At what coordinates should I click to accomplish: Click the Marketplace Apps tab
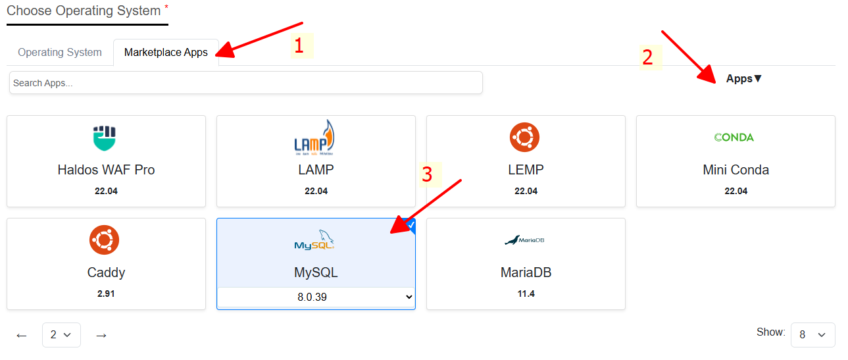(166, 52)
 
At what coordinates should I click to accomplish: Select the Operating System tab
(60, 52)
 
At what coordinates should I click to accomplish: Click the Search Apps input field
(245, 82)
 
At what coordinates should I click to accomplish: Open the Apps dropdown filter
(743, 78)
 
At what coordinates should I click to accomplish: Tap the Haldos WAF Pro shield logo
(105, 138)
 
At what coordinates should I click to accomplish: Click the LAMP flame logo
(314, 138)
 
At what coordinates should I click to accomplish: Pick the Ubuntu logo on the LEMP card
(524, 137)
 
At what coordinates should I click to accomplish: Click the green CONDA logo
(734, 137)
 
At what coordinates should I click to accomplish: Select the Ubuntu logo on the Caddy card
(104, 240)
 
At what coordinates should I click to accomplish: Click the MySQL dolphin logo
(314, 240)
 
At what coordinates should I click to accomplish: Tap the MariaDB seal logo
(524, 240)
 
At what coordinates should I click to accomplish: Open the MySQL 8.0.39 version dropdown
(316, 297)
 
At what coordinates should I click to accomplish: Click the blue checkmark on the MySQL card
(411, 225)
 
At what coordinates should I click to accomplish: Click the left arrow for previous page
(22, 336)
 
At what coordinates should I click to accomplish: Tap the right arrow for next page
(101, 336)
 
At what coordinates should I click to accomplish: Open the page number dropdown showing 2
(61, 334)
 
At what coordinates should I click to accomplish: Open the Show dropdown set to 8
(812, 334)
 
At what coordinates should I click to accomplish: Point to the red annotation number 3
(427, 174)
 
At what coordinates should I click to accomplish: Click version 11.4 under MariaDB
(526, 294)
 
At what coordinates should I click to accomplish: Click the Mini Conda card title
(736, 170)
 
